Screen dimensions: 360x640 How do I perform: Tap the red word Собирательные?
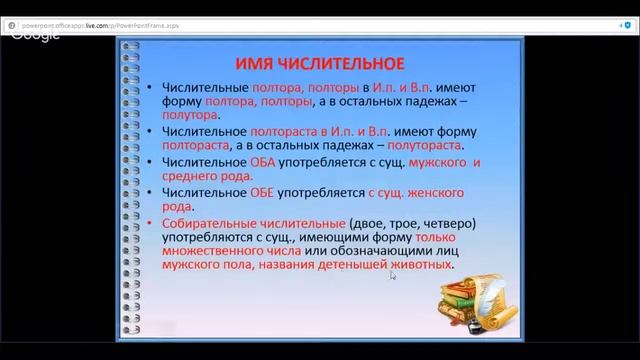pos(209,222)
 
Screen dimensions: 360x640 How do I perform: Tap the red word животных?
pos(423,268)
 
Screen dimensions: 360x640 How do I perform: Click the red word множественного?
pos(206,253)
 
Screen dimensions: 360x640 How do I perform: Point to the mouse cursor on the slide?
pos(391,275)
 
